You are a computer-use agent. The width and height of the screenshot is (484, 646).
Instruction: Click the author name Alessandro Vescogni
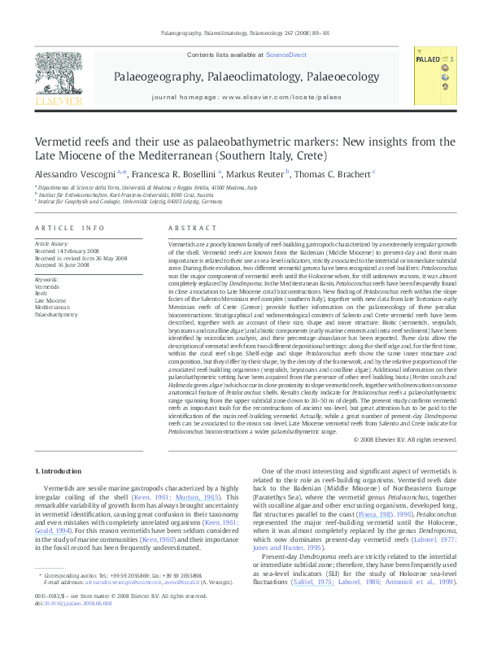pyautogui.click(x=74, y=172)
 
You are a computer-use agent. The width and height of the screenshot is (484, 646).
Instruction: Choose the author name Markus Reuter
pyautogui.click(x=257, y=172)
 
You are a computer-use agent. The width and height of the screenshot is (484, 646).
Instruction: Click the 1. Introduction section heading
pyautogui.click(x=60, y=471)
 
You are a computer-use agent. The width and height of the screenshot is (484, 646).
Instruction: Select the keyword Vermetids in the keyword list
pyautogui.click(x=46, y=287)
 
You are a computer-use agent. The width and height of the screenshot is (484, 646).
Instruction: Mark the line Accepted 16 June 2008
pyautogui.click(x=59, y=265)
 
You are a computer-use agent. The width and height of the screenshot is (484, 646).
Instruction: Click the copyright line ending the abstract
pyautogui.click(x=405, y=439)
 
